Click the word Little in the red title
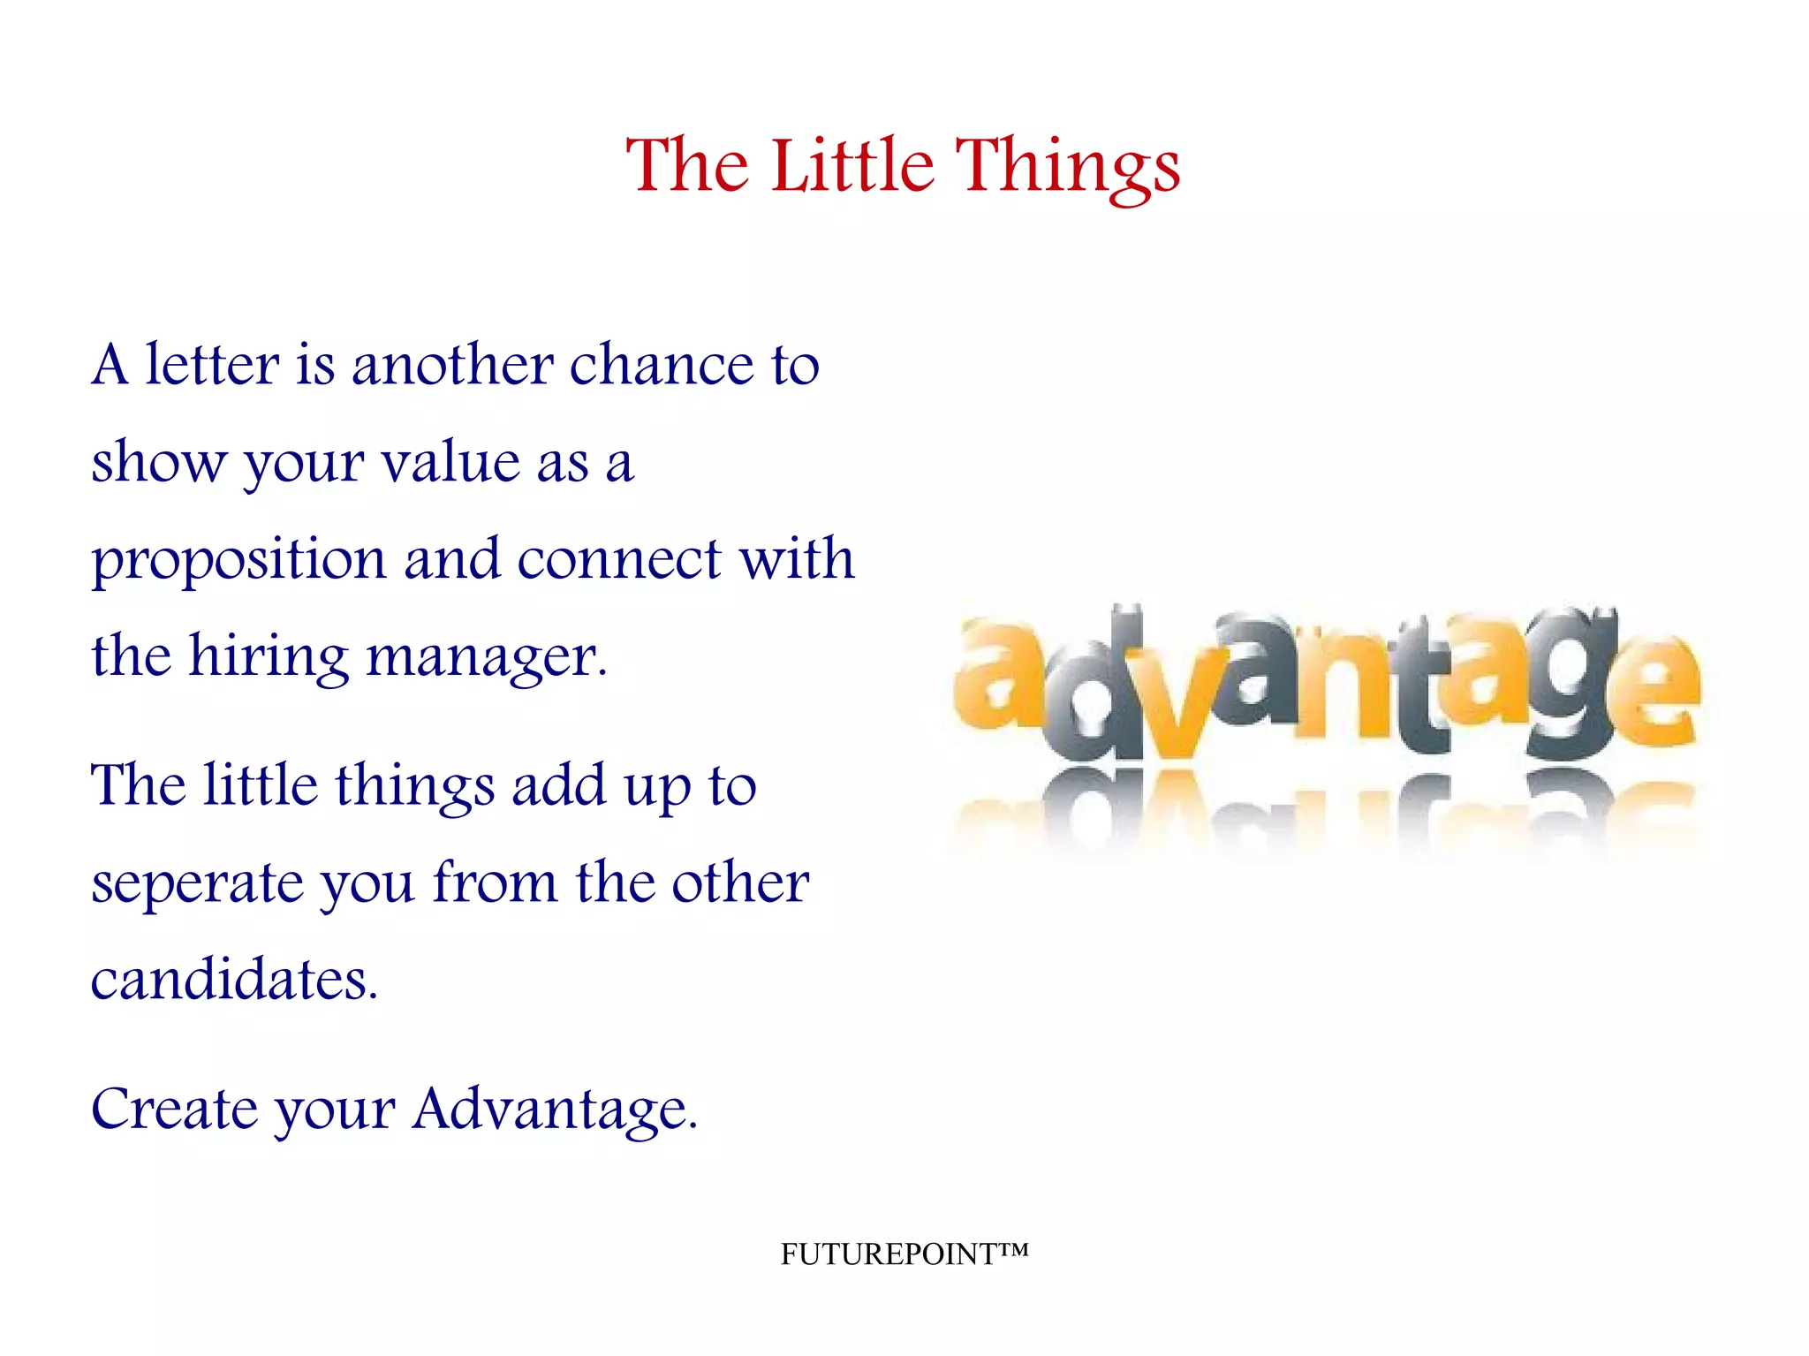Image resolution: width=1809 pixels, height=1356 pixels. click(x=852, y=165)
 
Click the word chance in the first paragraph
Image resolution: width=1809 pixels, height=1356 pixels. click(x=662, y=364)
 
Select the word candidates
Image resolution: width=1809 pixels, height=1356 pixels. click(x=234, y=980)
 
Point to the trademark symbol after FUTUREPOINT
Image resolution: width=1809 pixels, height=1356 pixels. click(x=1014, y=1249)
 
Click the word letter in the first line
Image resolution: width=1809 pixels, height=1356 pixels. click(x=212, y=364)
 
